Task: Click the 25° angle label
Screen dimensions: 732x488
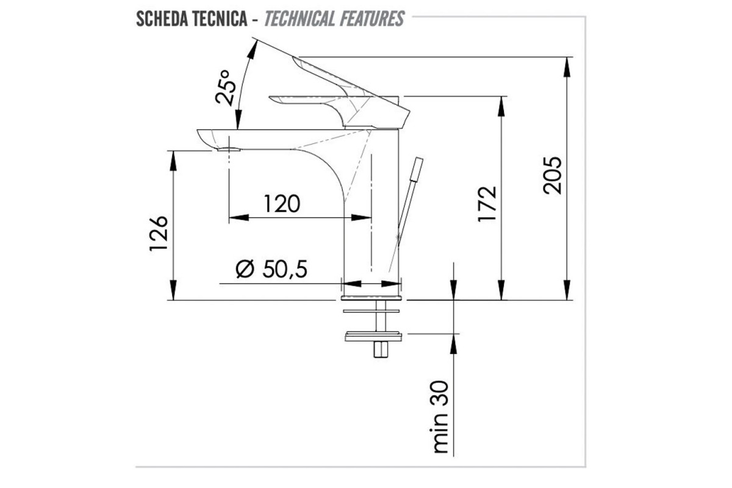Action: pyautogui.click(x=225, y=88)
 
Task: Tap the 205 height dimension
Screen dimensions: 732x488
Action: pyautogui.click(x=552, y=176)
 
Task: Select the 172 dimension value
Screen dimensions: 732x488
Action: pyautogui.click(x=487, y=204)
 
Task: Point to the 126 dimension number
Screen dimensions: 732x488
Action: pyautogui.click(x=159, y=234)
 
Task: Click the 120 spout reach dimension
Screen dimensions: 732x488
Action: pyautogui.click(x=282, y=204)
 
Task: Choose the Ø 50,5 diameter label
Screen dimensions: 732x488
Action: pyautogui.click(x=271, y=269)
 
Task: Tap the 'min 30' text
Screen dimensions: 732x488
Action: pyautogui.click(x=440, y=417)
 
